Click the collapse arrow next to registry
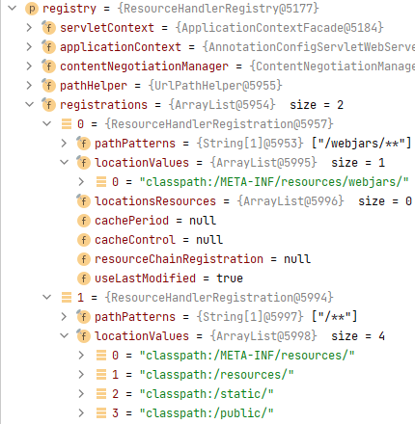[x=13, y=8]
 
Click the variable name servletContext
[x=107, y=28]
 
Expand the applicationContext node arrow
[x=29, y=47]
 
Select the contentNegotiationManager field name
[x=144, y=66]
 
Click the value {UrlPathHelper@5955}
[x=215, y=86]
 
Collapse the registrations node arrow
[x=30, y=104]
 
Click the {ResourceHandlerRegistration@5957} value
[x=219, y=124]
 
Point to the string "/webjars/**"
[x=362, y=144]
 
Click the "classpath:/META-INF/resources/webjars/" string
[x=274, y=182]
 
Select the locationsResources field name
[x=155, y=201]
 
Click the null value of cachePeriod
[x=203, y=221]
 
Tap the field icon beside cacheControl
[x=84, y=240]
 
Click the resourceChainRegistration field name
[x=179, y=259]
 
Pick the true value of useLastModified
[x=230, y=278]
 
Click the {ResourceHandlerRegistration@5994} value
[x=219, y=298]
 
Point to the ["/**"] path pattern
[x=335, y=317]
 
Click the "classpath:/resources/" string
[x=216, y=375]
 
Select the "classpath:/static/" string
[x=207, y=394]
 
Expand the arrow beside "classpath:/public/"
[x=81, y=413]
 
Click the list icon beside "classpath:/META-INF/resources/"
[x=101, y=356]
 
